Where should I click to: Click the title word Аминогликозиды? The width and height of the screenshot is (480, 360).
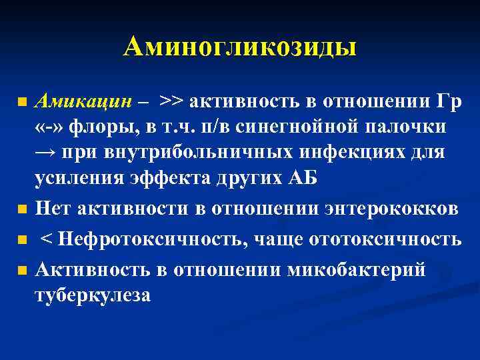(240, 47)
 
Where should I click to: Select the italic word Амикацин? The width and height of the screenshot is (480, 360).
(81, 101)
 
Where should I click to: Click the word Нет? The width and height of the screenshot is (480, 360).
(54, 209)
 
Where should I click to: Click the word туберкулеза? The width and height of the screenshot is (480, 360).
(93, 295)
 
